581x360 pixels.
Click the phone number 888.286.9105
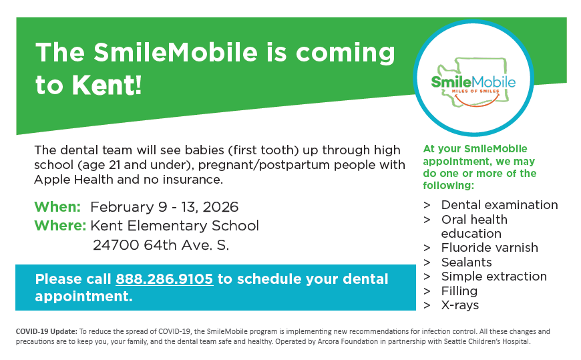point(164,279)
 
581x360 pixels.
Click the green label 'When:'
point(57,207)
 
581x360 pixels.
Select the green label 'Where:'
point(60,226)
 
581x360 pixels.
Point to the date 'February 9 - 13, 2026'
point(164,207)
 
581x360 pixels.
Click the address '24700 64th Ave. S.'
point(161,245)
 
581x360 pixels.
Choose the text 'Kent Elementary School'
point(175,226)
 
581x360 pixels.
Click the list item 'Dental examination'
point(499,205)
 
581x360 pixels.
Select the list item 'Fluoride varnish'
point(489,248)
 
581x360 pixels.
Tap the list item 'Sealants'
point(466,262)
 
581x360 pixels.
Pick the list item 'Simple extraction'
point(494,277)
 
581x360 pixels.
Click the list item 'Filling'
point(459,291)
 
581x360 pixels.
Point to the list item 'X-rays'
point(460,305)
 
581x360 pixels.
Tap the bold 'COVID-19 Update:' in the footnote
point(46,331)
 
